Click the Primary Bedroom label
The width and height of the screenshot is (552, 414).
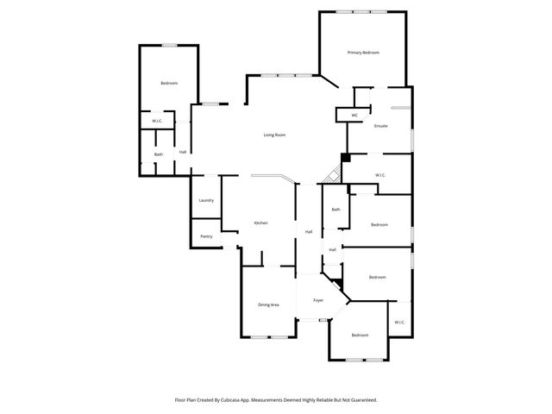(x=363, y=53)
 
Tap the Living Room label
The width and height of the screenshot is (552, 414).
(x=274, y=135)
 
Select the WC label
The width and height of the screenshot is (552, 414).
(x=354, y=116)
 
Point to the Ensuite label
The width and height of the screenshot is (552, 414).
(x=380, y=126)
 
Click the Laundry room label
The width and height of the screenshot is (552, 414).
(x=206, y=200)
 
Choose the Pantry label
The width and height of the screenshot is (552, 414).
(x=206, y=235)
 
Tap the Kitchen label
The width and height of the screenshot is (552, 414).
(x=260, y=223)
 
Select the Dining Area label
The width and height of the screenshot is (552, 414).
(x=268, y=304)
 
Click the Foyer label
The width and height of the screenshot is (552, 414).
(x=318, y=300)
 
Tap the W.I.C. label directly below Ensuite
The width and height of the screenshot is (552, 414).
(x=380, y=175)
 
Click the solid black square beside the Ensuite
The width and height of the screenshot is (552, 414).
(x=346, y=157)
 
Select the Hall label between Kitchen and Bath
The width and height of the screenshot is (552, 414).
(x=309, y=231)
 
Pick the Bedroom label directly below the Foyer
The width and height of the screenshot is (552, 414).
(x=360, y=335)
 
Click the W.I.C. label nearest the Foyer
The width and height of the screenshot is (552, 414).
(x=399, y=323)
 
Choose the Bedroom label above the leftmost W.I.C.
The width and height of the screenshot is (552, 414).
(x=169, y=83)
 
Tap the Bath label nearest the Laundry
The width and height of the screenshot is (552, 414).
(x=159, y=154)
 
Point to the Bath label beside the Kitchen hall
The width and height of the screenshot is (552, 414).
(x=336, y=209)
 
